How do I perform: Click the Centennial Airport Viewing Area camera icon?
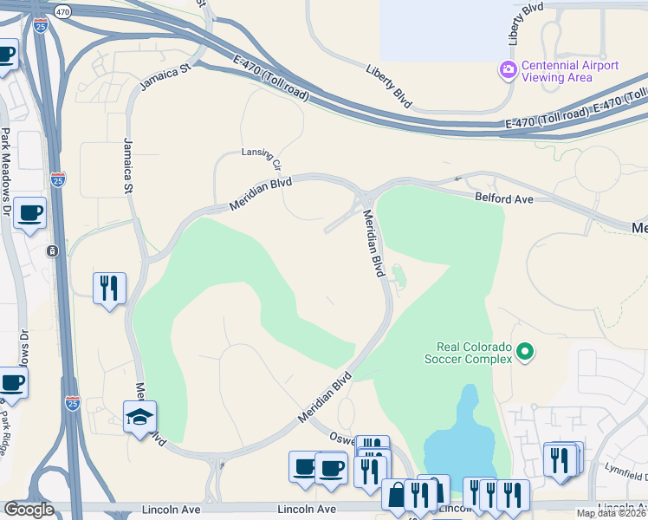tap(509, 68)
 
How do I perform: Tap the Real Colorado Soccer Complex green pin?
tap(524, 351)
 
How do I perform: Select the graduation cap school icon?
tap(139, 417)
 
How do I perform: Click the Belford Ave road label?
tap(502, 198)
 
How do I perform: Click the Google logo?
tap(29, 510)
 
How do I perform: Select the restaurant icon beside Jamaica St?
tap(109, 287)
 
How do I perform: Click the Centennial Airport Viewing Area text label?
tap(570, 71)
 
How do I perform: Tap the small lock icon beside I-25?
tap(53, 250)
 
